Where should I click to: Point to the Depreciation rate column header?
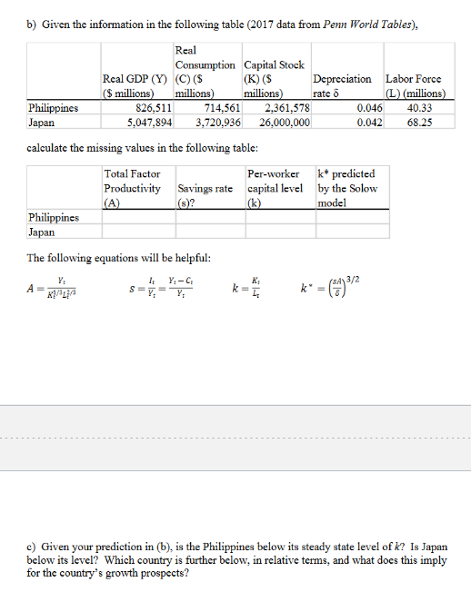341,86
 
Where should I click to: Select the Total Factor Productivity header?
133,187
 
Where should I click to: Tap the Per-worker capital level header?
275,187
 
